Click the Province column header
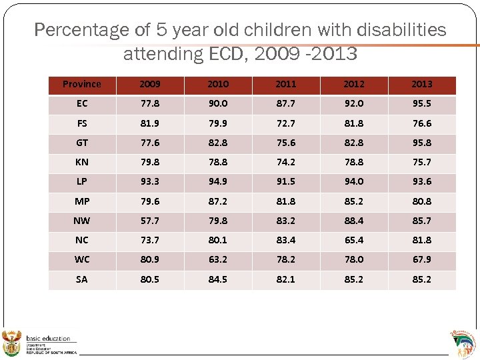pyautogui.click(x=82, y=85)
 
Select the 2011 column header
pyautogui.click(x=285, y=85)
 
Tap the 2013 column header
pyautogui.click(x=421, y=85)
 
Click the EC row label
pyautogui.click(x=82, y=104)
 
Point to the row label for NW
pyautogui.click(x=82, y=221)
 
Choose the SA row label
pyautogui.click(x=82, y=279)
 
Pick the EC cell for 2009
pyautogui.click(x=150, y=104)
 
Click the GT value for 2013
pyautogui.click(x=421, y=143)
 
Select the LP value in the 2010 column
pyautogui.click(x=217, y=182)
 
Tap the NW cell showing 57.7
pyautogui.click(x=150, y=221)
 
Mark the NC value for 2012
pyautogui.click(x=353, y=240)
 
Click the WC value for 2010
pyautogui.click(x=217, y=260)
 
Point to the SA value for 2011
pyautogui.click(x=285, y=279)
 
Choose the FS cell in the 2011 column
pyautogui.click(x=285, y=123)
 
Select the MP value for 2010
pyautogui.click(x=217, y=201)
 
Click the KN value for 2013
pyautogui.click(x=421, y=162)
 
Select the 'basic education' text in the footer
pyautogui.click(x=48, y=339)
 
